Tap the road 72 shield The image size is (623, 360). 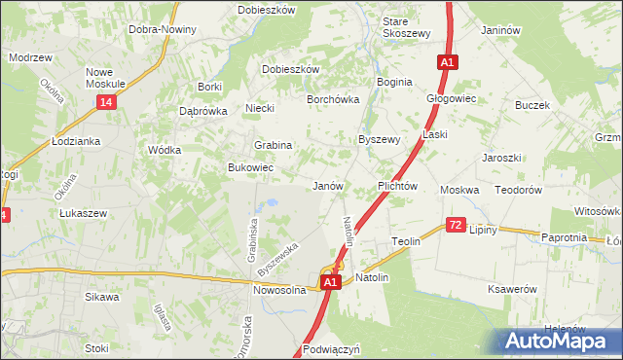click(x=456, y=225)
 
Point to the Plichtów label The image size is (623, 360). click(x=397, y=186)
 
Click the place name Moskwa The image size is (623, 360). click(x=459, y=190)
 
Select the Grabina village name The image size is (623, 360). click(x=274, y=145)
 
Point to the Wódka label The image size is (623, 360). click(x=163, y=151)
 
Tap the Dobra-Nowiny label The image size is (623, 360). click(x=163, y=29)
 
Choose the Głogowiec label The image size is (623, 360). click(x=451, y=99)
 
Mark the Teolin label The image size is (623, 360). click(x=405, y=241)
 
